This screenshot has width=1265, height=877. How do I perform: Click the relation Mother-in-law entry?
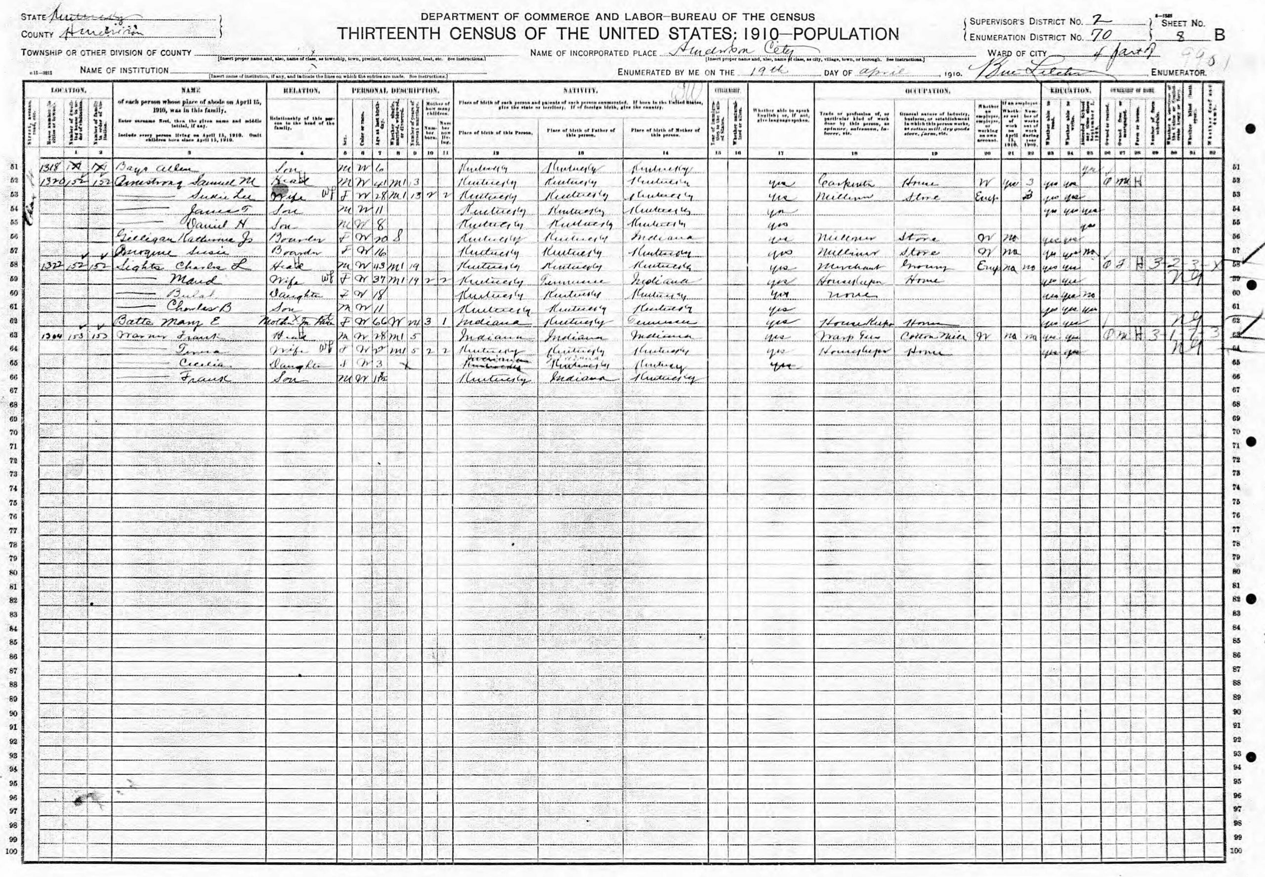coord(300,322)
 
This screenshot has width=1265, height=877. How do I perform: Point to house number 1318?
coord(48,168)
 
